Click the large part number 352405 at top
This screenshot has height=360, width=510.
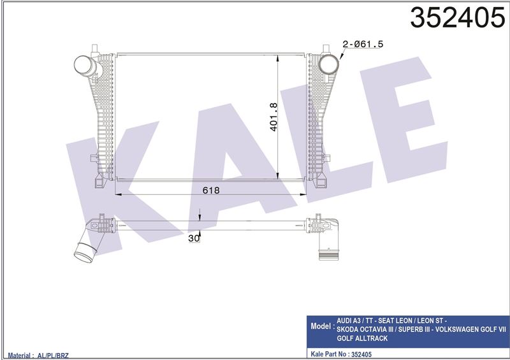coord(458,18)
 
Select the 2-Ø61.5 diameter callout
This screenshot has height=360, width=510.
coord(363,44)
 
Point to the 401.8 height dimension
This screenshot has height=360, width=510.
coord(273,117)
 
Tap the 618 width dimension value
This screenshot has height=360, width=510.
coord(211,190)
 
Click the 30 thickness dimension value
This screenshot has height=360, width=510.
coord(194,238)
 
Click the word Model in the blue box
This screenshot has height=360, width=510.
coord(321,326)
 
